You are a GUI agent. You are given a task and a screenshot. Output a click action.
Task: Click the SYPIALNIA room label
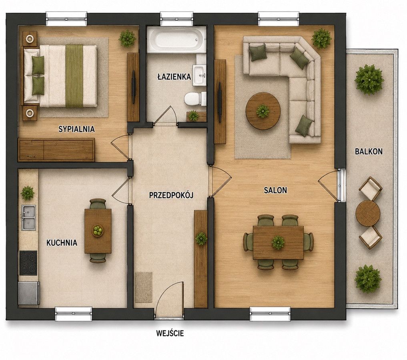tap(76, 129)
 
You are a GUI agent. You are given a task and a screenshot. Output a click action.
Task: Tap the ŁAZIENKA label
tap(174, 76)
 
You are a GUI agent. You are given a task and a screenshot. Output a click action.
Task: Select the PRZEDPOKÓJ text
tap(171, 195)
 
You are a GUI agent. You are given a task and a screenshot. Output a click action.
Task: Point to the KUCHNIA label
tap(62, 243)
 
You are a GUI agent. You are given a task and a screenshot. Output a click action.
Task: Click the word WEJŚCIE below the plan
tap(170, 333)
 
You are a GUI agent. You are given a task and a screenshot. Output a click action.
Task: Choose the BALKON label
tap(369, 152)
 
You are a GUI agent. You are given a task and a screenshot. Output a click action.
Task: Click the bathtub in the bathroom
tap(176, 40)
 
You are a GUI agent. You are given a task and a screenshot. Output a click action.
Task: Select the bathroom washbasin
tap(199, 75)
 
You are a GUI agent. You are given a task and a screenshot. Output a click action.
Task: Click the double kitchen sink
tap(28, 217)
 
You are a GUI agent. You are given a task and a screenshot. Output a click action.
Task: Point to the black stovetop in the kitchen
tap(28, 263)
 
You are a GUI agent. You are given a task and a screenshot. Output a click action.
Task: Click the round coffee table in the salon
tap(263, 110)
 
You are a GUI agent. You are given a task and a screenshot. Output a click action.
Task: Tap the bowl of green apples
tap(98, 230)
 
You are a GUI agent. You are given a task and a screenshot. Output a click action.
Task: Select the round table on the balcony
tap(368, 214)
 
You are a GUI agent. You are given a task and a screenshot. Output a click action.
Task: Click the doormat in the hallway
tap(144, 287)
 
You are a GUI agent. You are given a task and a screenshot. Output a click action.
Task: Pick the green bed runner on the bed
tap(74, 76)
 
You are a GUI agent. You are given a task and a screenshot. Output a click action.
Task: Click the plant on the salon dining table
tap(278, 242)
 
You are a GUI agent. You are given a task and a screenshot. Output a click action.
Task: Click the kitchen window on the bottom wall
tap(74, 314)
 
